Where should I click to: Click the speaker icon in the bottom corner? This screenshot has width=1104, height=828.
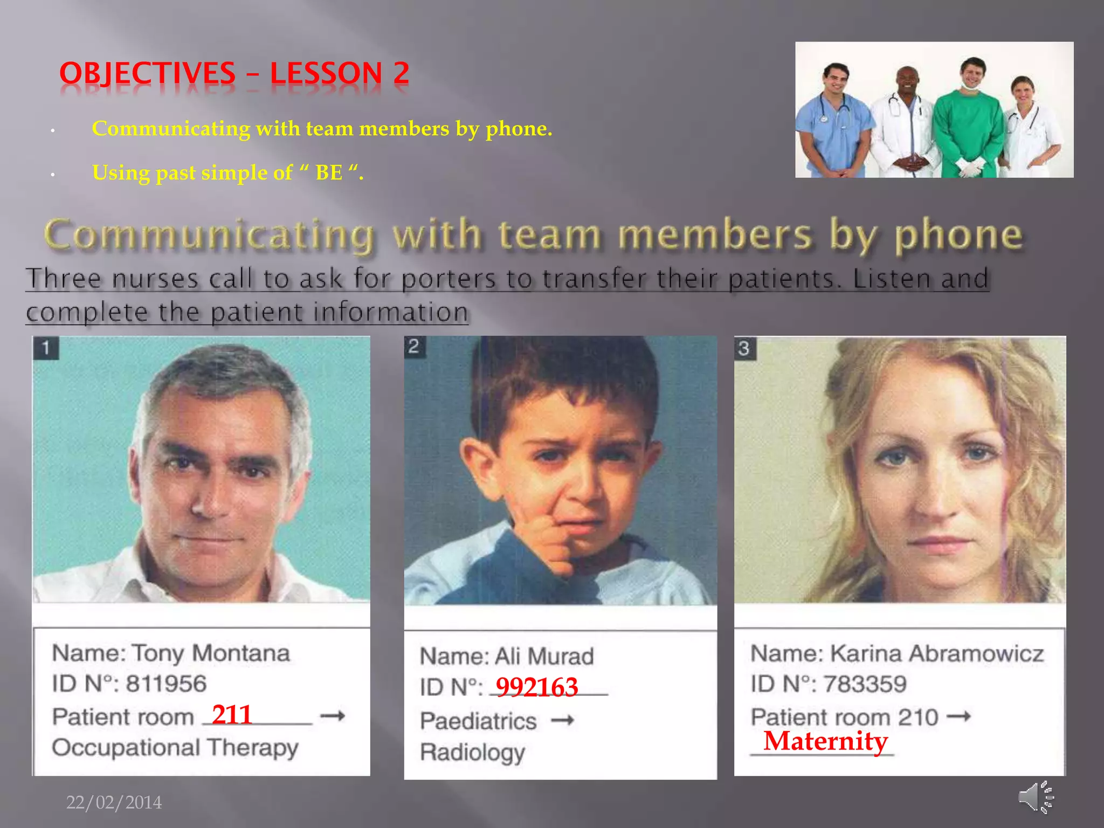coord(1036,797)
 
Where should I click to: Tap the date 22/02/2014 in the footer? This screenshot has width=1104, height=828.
coord(114,803)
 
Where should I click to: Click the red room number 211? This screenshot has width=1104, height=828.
coord(232,715)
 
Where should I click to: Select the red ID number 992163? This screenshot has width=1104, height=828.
coord(537,687)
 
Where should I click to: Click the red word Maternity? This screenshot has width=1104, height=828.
coord(825,741)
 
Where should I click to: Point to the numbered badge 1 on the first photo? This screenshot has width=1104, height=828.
coord(46,348)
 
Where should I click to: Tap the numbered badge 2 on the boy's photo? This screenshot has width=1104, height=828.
coord(414,346)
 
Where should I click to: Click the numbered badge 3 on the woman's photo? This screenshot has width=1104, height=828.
coord(744,349)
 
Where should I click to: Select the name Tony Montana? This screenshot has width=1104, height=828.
coord(211,653)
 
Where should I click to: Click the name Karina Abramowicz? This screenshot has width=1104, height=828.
coord(937,653)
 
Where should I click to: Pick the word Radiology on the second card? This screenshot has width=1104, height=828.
coord(472,752)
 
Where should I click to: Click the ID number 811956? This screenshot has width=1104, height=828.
coord(166,684)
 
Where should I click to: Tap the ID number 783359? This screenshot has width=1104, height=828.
coord(865,684)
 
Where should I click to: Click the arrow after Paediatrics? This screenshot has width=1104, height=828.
coord(563,720)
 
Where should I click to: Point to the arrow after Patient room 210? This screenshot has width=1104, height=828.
coord(959,716)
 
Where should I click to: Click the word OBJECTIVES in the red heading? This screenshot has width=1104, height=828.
coord(147,74)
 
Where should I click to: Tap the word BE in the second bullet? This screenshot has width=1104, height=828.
coord(329,173)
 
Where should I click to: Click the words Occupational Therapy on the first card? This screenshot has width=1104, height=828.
coord(175,748)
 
